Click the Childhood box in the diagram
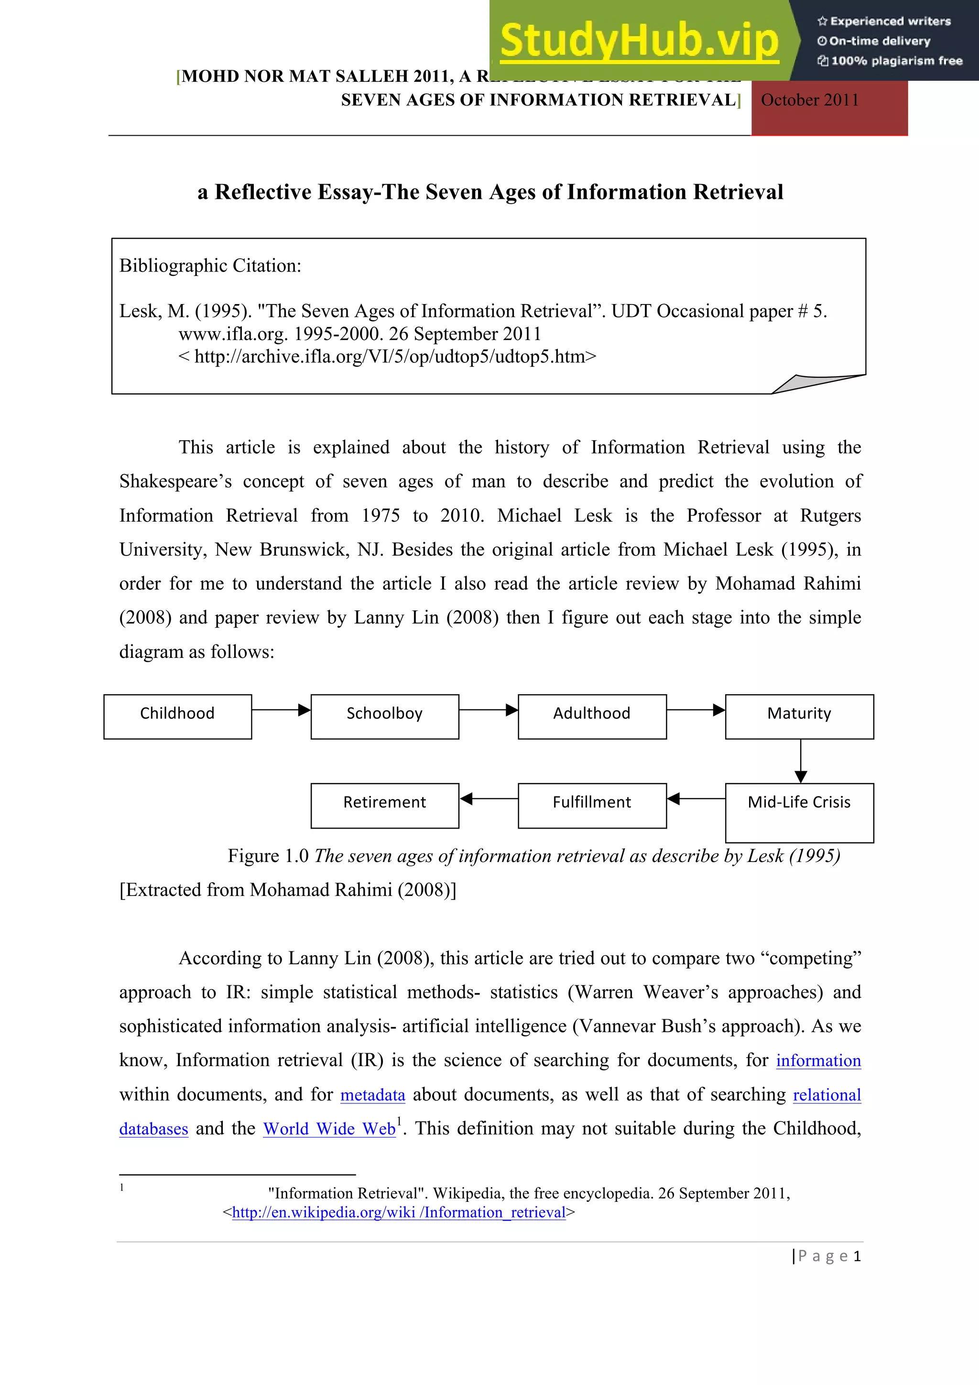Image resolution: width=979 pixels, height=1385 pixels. tap(177, 716)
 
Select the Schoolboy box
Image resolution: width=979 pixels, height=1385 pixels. tap(385, 716)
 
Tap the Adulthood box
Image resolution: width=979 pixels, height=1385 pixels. tap(592, 716)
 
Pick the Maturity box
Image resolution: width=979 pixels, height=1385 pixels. tap(799, 716)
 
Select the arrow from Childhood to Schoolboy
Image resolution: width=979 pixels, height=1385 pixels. tap(281, 710)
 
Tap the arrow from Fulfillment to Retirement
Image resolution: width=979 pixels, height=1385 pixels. tap(489, 799)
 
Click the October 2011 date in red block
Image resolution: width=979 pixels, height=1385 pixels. tap(809, 100)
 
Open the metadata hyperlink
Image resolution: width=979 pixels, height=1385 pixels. tap(372, 1095)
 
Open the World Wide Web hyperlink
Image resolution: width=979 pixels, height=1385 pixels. tap(329, 1129)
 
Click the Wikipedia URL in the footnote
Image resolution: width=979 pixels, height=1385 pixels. tap(399, 1212)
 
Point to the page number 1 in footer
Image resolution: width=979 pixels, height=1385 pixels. tap(857, 1256)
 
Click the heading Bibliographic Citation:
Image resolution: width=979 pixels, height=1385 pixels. tap(210, 265)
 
